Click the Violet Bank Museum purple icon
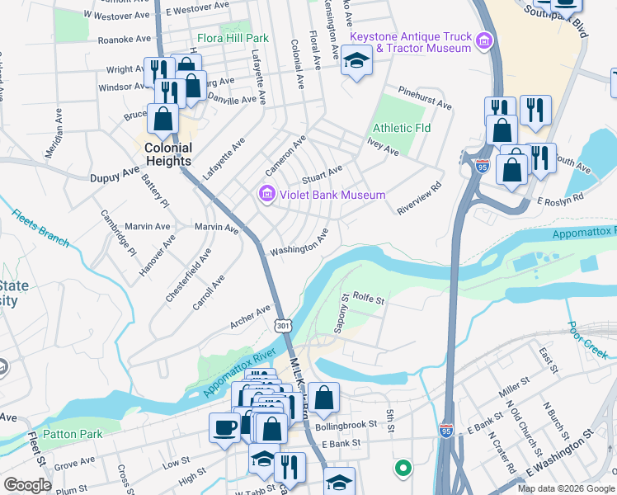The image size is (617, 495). [266, 196]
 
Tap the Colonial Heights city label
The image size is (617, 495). [168, 155]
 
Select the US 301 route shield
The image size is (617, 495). [283, 326]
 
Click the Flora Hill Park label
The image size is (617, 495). [233, 38]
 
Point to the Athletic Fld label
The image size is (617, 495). [402, 129]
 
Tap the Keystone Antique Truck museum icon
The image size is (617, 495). [485, 40]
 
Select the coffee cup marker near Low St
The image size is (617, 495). [224, 427]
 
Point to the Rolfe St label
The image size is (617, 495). [369, 298]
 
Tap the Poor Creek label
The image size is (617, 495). [588, 339]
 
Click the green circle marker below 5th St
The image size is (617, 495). [403, 469]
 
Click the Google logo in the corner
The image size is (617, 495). [27, 485]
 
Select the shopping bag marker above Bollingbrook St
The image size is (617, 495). [325, 398]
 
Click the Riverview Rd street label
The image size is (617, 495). [419, 198]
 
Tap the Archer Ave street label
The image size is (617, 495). [251, 316]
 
